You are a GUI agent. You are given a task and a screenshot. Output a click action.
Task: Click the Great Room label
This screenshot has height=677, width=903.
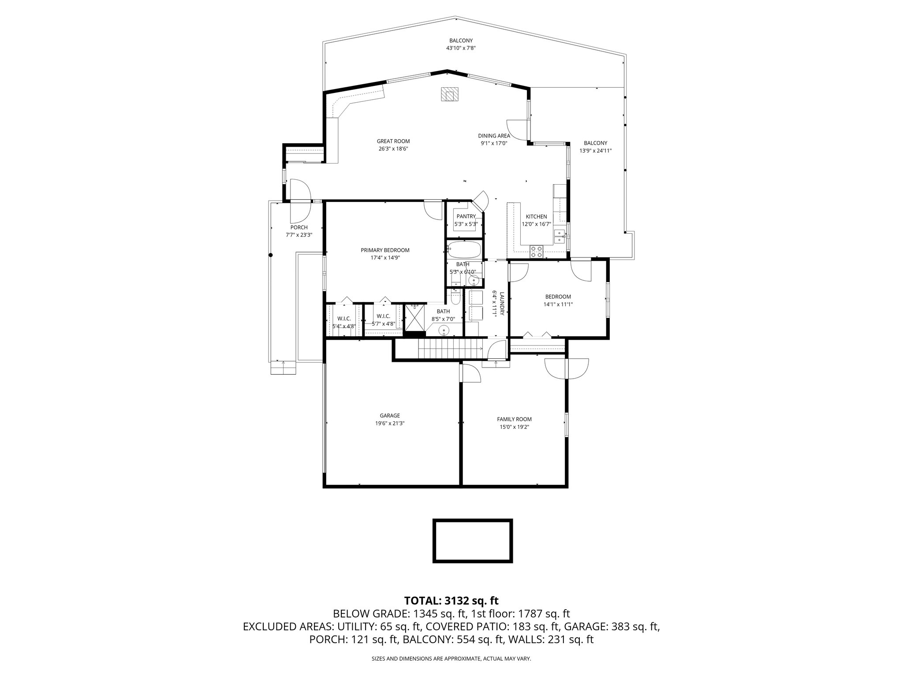point(393,141)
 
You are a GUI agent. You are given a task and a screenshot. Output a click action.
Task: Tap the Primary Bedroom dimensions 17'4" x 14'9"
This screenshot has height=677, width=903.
point(385,258)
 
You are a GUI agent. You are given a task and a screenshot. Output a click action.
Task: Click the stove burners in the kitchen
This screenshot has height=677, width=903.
point(537,252)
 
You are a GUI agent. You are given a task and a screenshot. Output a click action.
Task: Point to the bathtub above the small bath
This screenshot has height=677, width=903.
point(464,250)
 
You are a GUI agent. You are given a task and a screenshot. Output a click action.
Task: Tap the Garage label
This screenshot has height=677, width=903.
point(390,415)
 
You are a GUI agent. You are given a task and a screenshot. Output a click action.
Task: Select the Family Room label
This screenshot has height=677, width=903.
point(514,419)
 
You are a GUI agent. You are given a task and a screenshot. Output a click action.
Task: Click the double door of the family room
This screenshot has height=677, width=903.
point(566,367)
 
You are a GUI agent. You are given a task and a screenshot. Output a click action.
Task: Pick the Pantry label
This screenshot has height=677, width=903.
point(466,216)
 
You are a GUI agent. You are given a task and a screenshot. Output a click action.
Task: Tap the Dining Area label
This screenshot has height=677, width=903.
point(494,136)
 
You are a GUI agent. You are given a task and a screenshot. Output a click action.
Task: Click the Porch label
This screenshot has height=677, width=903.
point(299,227)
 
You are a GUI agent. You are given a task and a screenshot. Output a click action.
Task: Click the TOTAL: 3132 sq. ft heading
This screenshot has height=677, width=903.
point(451,600)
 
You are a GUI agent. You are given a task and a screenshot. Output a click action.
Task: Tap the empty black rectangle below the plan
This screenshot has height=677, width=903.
point(473,541)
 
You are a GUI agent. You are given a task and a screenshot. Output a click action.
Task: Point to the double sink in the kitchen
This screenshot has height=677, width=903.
point(560,236)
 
